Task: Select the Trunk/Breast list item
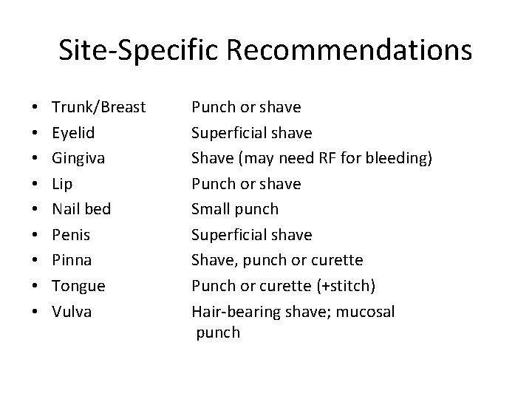tap(99, 107)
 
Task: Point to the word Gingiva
tap(78, 158)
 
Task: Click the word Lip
tap(63, 183)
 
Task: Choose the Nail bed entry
tap(81, 209)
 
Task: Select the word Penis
tap(70, 235)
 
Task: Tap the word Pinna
tap(72, 260)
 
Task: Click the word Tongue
tap(78, 286)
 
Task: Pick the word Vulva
tap(72, 311)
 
